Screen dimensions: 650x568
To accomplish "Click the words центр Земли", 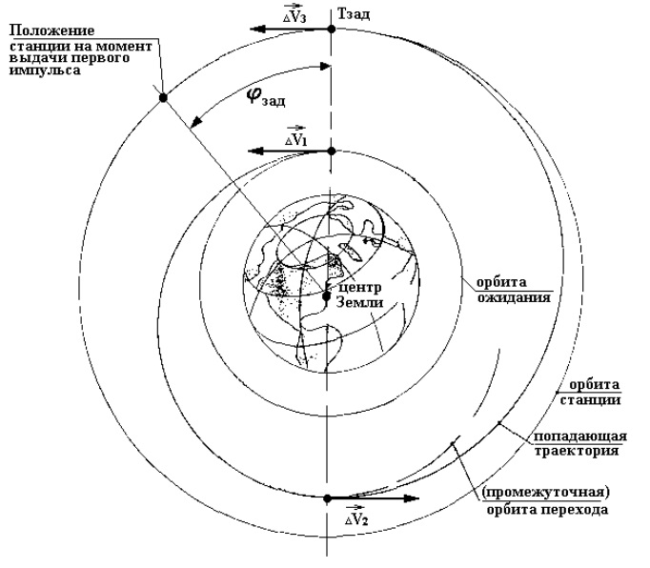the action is [x=358, y=294].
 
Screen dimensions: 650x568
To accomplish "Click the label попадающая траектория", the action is [x=578, y=441].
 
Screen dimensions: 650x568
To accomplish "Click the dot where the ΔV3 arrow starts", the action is [x=330, y=30].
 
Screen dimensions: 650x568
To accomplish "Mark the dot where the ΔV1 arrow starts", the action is [x=330, y=152].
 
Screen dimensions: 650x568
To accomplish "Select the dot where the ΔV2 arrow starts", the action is [x=328, y=498].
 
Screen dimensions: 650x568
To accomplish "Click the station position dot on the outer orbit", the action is [x=164, y=97].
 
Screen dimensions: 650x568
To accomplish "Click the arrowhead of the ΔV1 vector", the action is [x=250, y=152].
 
